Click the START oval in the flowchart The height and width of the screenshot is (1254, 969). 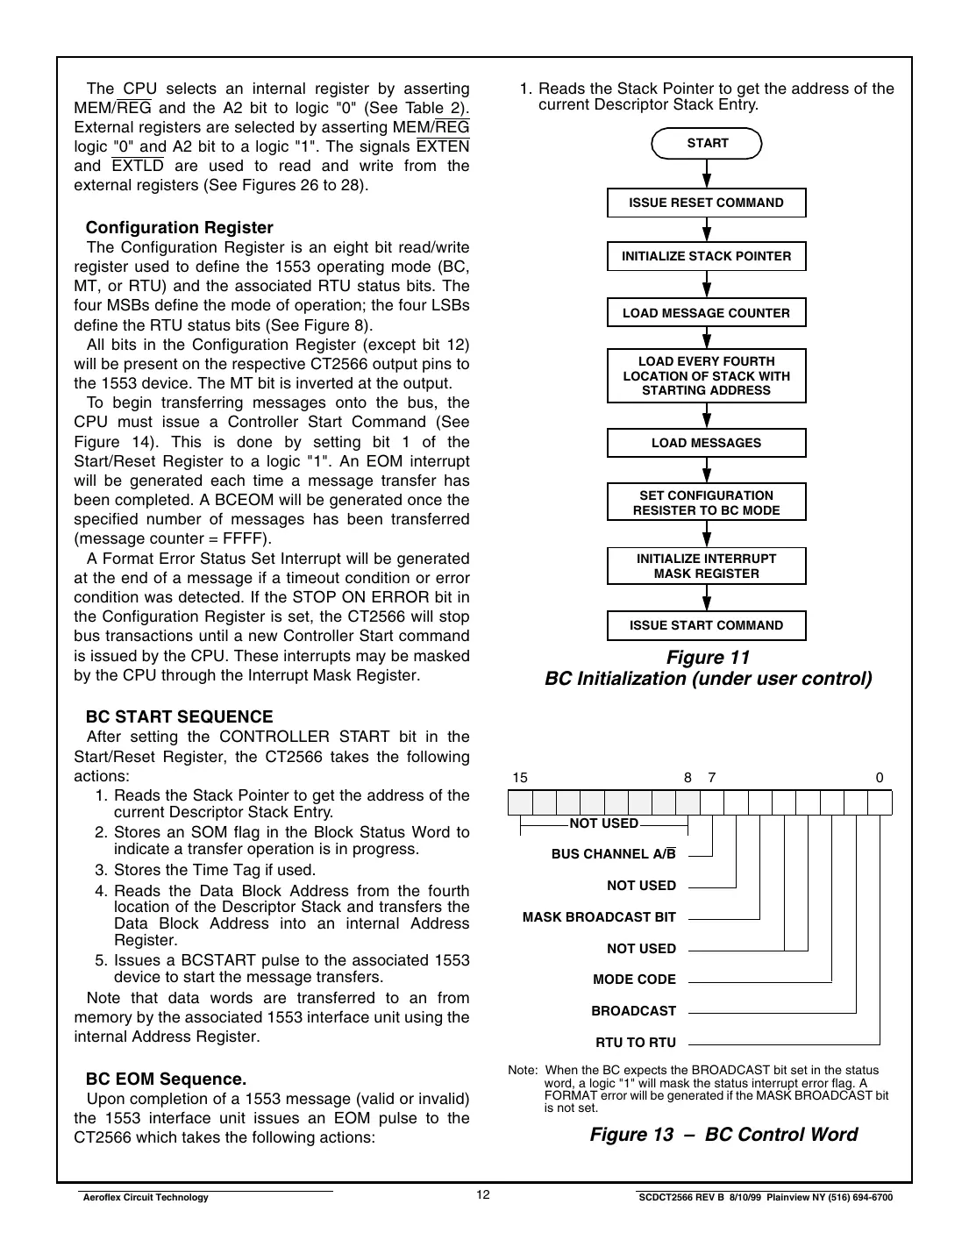707,144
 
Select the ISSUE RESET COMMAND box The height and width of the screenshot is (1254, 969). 706,203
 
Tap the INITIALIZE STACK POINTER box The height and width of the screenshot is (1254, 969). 706,256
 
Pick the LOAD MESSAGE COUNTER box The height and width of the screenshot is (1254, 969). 706,313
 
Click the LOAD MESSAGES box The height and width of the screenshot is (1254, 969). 706,443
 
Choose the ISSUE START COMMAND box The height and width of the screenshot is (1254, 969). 706,625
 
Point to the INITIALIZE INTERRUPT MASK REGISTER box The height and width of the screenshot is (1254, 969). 706,566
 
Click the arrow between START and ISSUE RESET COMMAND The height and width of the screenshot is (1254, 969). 707,174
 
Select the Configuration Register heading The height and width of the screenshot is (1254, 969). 179,228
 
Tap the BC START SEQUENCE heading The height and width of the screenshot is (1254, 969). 179,716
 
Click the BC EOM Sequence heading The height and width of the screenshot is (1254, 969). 166,1079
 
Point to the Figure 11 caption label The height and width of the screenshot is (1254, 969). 708,658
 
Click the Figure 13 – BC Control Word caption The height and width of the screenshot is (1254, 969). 723,1134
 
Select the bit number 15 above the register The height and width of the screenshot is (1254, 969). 520,778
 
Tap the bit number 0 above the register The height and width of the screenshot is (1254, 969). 880,778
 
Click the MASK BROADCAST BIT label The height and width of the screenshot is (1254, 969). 599,917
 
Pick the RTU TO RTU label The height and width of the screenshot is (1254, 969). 636,1043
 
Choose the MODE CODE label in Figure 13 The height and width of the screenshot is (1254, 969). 634,980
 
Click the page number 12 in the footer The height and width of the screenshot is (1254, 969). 484,1195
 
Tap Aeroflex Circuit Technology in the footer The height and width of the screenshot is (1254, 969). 145,1198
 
